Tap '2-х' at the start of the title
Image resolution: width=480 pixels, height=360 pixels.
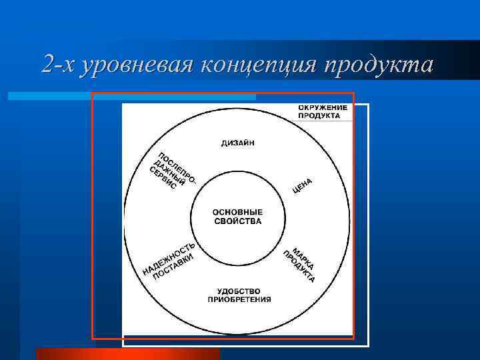57,65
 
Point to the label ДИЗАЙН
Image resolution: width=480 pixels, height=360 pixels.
237,143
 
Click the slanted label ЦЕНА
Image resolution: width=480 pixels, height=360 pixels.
303,187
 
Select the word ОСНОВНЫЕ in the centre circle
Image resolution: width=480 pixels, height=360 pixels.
237,212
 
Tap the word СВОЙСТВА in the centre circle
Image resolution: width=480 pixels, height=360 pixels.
237,221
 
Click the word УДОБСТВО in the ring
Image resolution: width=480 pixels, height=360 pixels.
239,291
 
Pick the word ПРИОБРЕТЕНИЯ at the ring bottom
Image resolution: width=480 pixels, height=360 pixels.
239,299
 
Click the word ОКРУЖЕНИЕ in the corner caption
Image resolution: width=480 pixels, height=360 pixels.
322,107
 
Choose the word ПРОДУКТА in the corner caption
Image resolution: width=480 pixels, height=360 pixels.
319,115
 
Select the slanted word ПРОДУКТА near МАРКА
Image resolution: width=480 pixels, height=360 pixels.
298,267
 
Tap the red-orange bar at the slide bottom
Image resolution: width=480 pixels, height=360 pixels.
127,354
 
